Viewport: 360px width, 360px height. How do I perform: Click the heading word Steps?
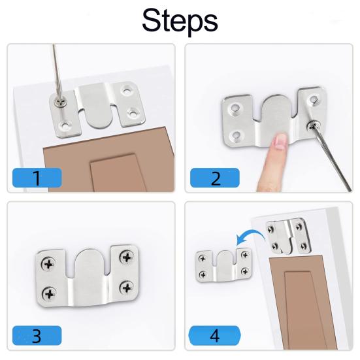(180, 21)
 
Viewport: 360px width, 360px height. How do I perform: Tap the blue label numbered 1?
(37, 178)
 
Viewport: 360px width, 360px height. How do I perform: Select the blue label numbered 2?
(215, 178)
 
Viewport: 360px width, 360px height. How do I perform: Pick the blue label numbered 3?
(37, 335)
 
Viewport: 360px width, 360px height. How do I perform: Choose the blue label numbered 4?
(215, 335)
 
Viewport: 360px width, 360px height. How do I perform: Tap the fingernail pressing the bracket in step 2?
(280, 140)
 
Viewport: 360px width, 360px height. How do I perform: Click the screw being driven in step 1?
(60, 103)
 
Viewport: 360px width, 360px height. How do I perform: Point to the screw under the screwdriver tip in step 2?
(313, 126)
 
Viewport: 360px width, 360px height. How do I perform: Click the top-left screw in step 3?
(48, 264)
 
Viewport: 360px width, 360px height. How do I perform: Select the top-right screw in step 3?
(127, 257)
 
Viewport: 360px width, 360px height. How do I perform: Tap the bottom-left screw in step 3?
(50, 293)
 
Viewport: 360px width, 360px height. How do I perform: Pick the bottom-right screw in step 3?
(127, 287)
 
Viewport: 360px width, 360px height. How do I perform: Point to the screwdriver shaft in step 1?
(57, 72)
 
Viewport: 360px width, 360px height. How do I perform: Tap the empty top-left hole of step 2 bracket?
(235, 108)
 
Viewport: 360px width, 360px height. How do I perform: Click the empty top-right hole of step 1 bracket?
(127, 91)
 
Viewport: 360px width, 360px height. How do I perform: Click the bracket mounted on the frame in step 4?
(289, 237)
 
